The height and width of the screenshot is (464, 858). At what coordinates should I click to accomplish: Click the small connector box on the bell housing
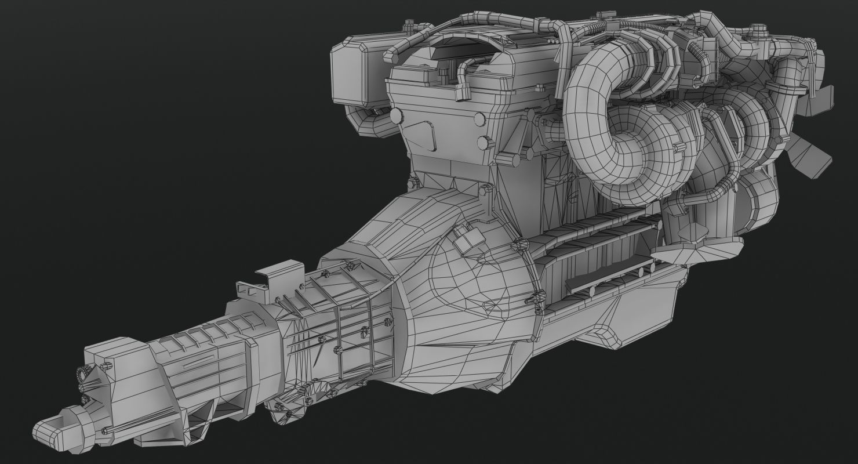pyautogui.click(x=469, y=238)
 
